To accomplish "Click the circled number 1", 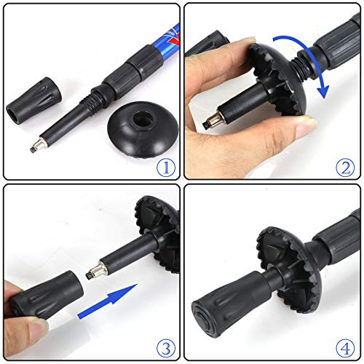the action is point(166,167).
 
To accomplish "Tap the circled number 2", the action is point(346,167).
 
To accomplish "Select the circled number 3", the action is point(166,349).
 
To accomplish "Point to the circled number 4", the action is point(346,349).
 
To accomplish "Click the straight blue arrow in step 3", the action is point(108,301).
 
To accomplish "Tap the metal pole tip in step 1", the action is point(37,146).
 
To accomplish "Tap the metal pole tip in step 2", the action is point(210,122).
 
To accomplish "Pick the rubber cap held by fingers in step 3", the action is point(46,296).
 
